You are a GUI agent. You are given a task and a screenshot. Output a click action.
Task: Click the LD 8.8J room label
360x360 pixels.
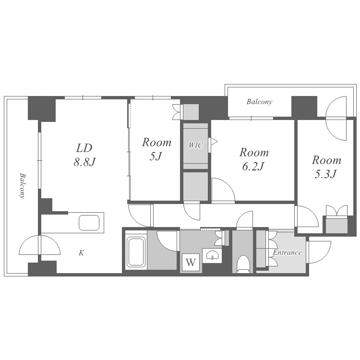point(84,155)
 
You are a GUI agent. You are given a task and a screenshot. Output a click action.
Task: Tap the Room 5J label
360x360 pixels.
point(156,149)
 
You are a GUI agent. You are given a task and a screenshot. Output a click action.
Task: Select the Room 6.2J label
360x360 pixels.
point(254,159)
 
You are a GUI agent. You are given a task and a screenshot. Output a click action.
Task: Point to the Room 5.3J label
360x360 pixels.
point(326,167)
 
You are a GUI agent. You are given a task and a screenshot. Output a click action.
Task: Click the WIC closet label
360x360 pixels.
point(196,145)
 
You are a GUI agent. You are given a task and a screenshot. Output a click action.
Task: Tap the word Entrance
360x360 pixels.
point(287,252)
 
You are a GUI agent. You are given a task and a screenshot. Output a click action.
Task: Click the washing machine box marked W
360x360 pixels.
point(191,262)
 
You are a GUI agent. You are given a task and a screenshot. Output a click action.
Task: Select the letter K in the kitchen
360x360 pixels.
point(81,253)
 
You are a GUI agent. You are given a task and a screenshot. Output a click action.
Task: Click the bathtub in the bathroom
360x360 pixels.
point(136,252)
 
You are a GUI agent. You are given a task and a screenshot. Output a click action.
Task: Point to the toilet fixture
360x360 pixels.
point(243,264)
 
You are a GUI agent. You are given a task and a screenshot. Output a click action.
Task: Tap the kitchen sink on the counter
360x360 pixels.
point(89,222)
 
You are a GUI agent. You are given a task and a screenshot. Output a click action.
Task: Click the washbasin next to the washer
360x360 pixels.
point(212,255)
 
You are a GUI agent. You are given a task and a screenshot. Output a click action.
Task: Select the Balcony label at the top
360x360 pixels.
point(259,102)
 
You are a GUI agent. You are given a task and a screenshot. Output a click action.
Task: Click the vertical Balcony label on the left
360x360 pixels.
point(22,186)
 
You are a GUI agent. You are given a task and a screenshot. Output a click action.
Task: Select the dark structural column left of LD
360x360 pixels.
point(42,109)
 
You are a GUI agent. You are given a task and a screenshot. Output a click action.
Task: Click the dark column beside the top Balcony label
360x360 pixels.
point(304,107)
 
